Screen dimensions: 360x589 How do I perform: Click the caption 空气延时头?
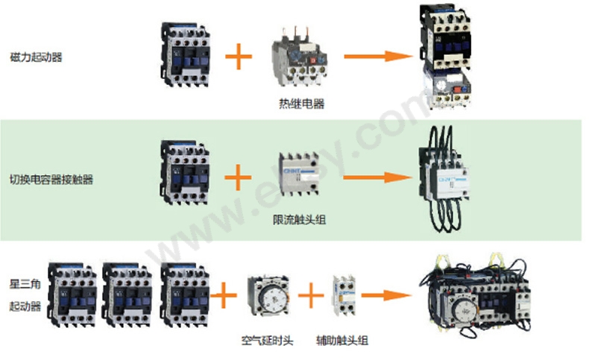(267, 341)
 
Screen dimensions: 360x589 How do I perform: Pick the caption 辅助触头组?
(341, 341)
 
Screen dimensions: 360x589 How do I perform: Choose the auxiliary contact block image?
(344, 296)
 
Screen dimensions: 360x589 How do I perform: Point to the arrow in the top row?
(379, 56)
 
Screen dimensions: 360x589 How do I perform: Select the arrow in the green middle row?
(379, 177)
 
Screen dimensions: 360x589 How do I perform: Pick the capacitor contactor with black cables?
(444, 177)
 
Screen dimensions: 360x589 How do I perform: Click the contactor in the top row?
(184, 54)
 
